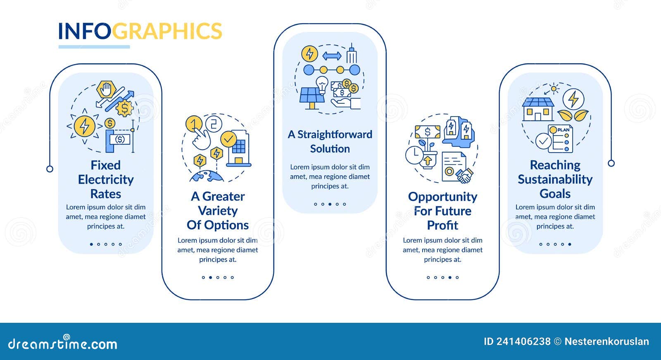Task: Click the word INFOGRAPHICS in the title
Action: click(140, 31)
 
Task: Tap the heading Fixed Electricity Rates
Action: click(106, 179)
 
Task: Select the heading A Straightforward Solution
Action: click(330, 141)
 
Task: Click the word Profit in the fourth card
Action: click(442, 225)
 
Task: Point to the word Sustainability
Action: click(555, 179)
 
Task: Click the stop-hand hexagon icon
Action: click(105, 89)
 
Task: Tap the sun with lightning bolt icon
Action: click(85, 126)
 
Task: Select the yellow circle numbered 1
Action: click(194, 123)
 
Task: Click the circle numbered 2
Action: click(214, 123)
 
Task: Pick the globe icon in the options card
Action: click(207, 176)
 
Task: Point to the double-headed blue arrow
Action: click(332, 56)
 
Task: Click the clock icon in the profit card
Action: click(414, 155)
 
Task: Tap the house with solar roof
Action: click(538, 109)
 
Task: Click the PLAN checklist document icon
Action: click(561, 138)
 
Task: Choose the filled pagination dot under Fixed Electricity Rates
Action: click(91, 244)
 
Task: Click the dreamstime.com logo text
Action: click(63, 343)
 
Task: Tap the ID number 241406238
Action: click(523, 341)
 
